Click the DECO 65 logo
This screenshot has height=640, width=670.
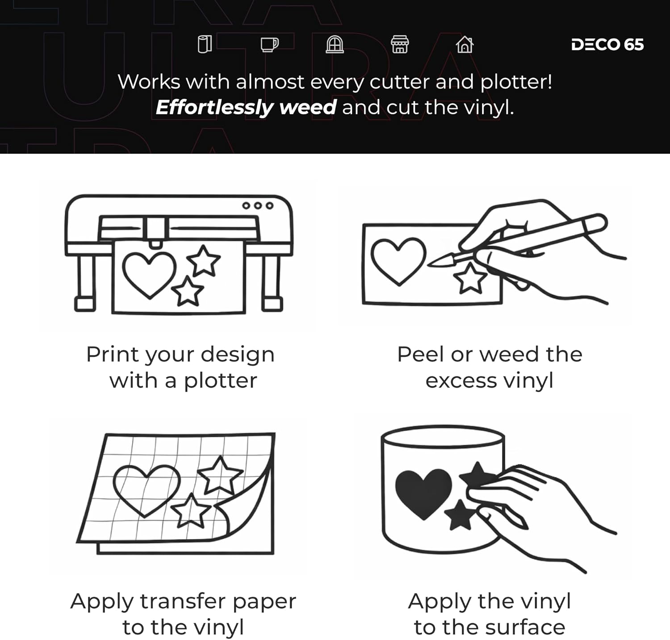tap(607, 45)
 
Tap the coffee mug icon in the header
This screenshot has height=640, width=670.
tap(269, 45)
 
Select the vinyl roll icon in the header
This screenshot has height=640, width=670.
tap(205, 44)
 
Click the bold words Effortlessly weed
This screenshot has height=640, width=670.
tap(246, 108)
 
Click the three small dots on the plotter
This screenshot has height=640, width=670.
tap(258, 205)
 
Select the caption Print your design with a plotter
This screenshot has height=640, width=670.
tap(181, 368)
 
